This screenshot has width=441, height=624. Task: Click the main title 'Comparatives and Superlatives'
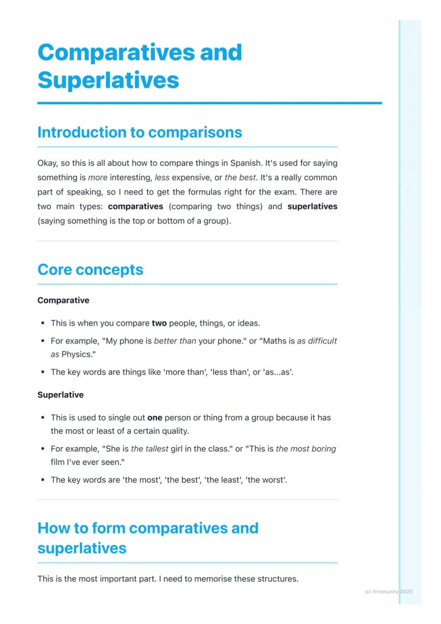click(140, 66)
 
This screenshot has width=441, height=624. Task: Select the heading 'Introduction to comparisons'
click(140, 132)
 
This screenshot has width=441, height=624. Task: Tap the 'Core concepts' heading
click(90, 270)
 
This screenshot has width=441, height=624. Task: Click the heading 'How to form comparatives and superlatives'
click(148, 538)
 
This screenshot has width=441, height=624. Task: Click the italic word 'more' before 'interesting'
click(97, 177)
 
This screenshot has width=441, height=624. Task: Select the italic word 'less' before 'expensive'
click(162, 177)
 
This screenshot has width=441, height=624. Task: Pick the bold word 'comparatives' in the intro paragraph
click(135, 206)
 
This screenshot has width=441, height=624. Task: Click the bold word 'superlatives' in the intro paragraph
click(312, 206)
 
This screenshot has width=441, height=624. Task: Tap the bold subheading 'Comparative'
click(63, 301)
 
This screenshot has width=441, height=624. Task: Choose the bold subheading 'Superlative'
click(60, 395)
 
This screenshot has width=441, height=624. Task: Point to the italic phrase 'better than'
click(175, 341)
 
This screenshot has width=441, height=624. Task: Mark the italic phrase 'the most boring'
click(306, 449)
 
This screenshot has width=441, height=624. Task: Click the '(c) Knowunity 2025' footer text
click(388, 591)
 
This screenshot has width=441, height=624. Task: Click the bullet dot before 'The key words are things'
click(42, 372)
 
